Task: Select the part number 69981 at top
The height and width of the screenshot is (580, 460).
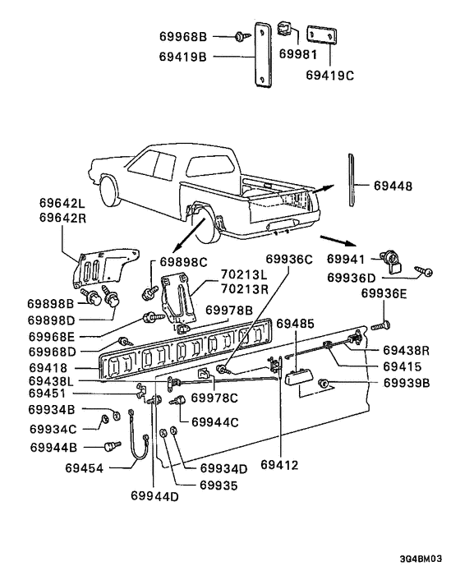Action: coord(293,53)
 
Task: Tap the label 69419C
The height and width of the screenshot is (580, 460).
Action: coord(330,74)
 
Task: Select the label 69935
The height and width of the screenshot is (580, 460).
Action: coord(219,485)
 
